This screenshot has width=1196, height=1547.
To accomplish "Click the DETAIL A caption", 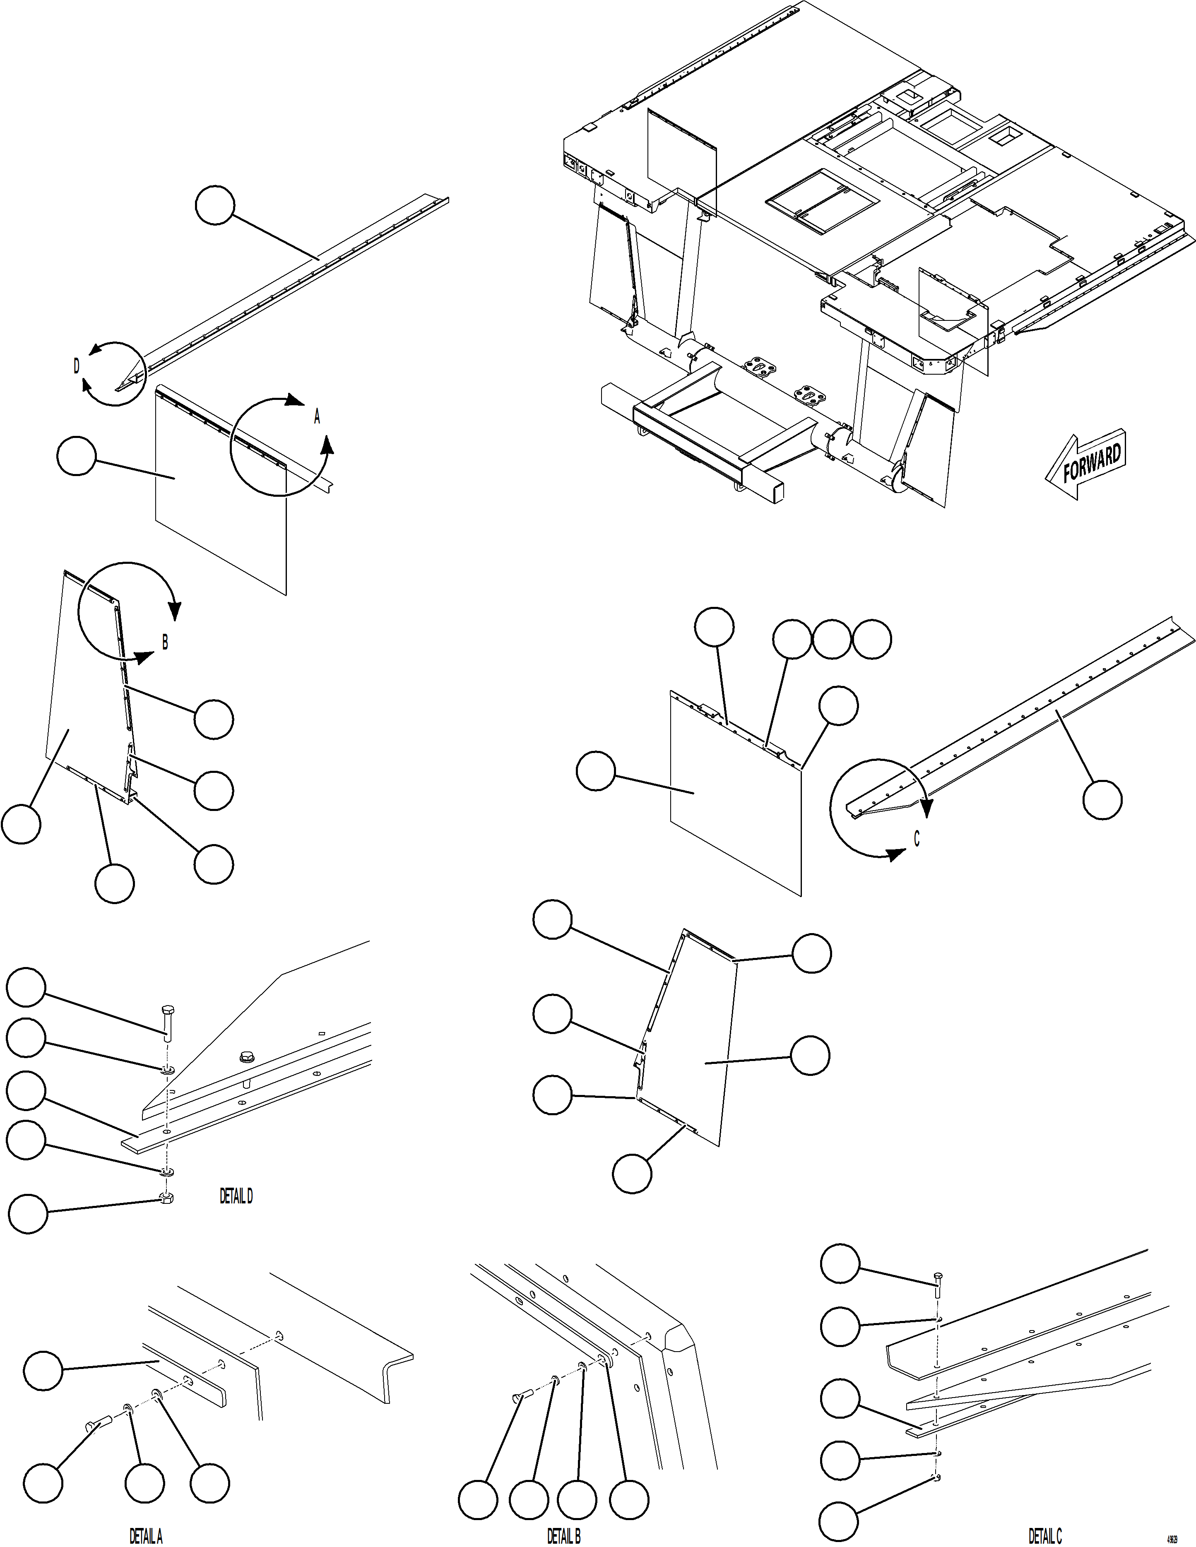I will pos(146,1536).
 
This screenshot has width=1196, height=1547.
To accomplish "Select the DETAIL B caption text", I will pos(563,1536).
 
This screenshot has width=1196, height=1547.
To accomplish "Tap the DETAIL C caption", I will pos(1044,1536).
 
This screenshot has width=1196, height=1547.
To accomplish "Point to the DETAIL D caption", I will pos(236,1196).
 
